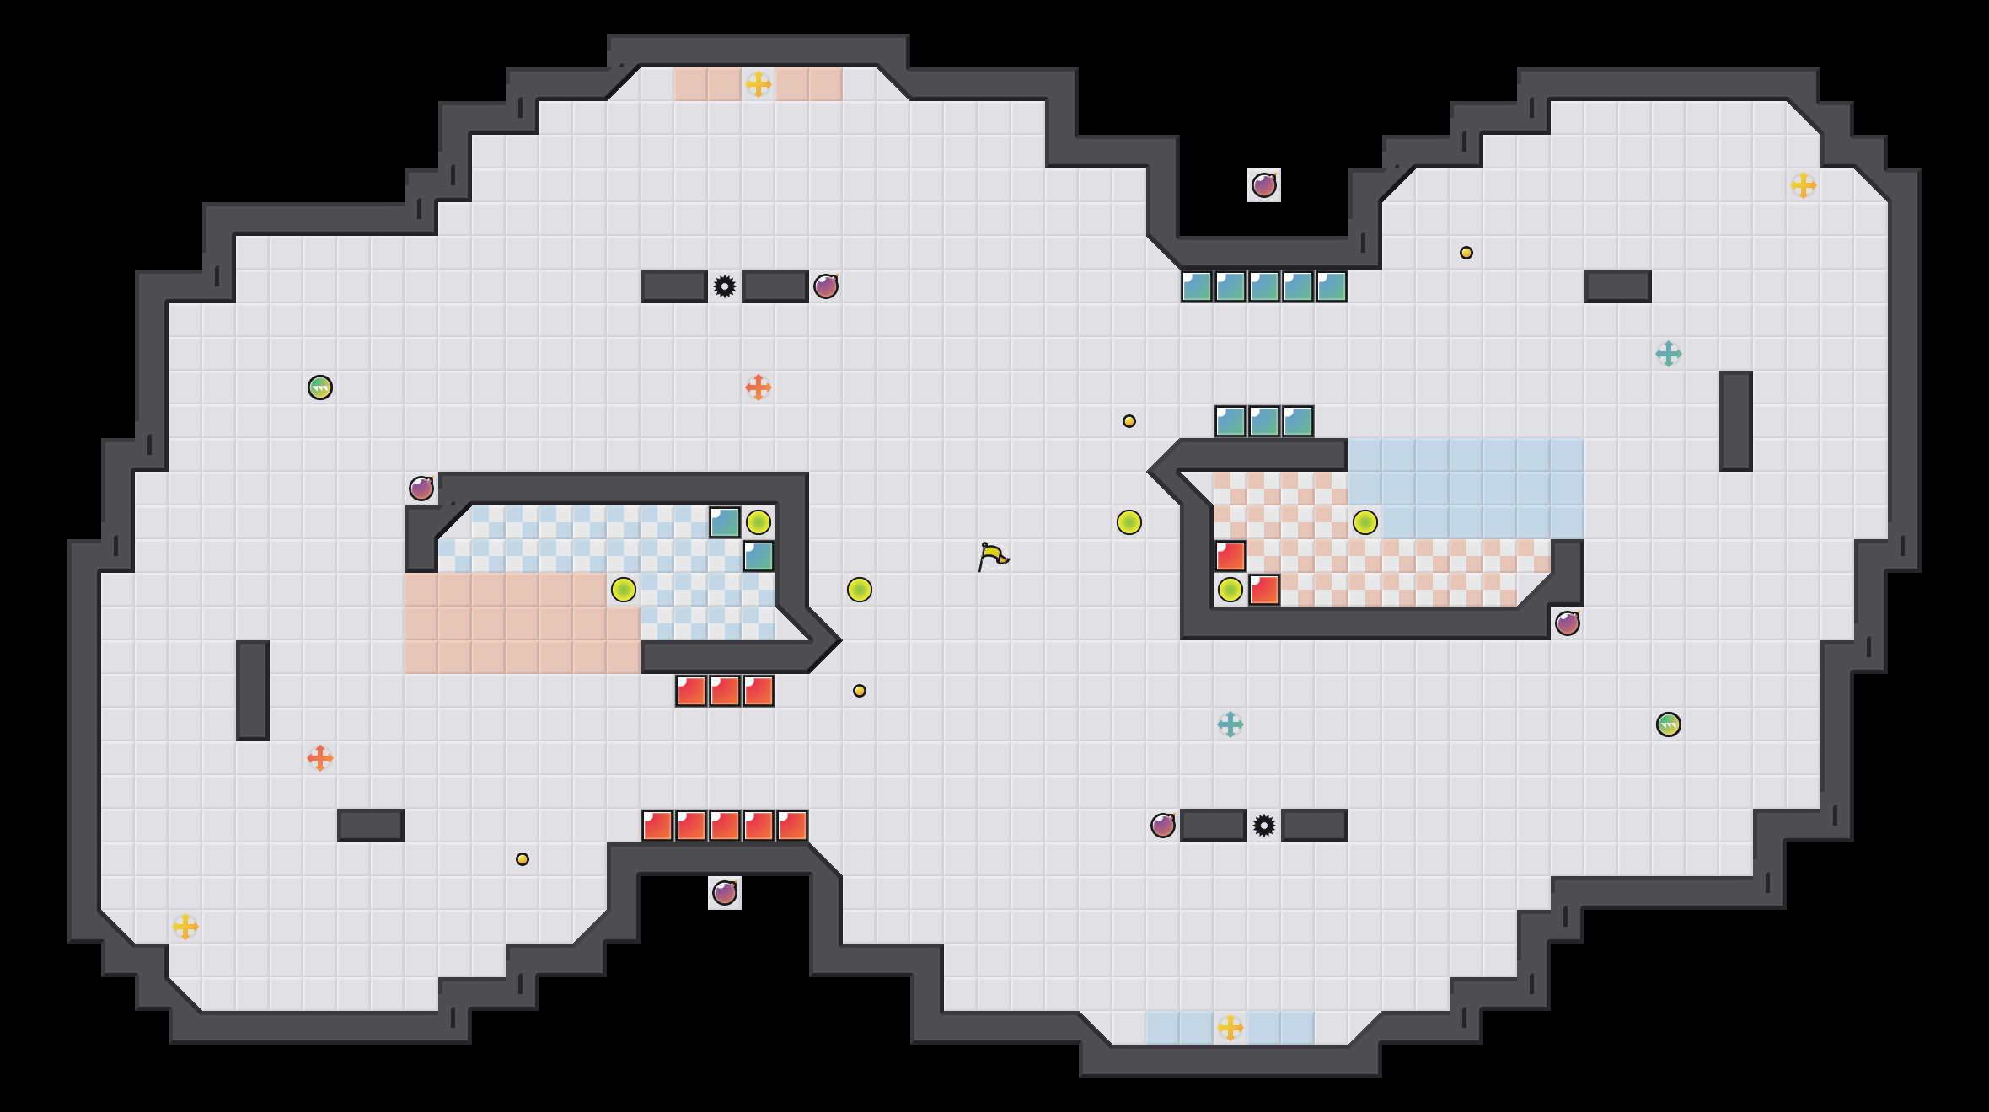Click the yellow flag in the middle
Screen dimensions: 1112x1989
click(993, 556)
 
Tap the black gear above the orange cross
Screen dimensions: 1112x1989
click(725, 286)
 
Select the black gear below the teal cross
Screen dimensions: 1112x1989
click(1264, 826)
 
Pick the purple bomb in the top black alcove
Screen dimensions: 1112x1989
click(1264, 185)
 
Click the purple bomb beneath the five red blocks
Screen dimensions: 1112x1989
click(725, 893)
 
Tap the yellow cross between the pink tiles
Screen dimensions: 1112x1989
click(759, 84)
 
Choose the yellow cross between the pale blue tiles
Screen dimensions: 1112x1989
click(1230, 1028)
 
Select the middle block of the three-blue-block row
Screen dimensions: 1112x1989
click(1264, 421)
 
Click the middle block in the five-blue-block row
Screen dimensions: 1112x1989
click(1264, 286)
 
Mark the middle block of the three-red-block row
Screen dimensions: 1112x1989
click(725, 691)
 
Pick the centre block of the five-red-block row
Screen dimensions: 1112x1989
click(725, 826)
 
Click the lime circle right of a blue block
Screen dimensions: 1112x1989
click(759, 522)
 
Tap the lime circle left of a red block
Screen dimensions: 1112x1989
click(1230, 590)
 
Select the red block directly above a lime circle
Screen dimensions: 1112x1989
click(1230, 556)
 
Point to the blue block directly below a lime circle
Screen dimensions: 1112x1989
click(759, 556)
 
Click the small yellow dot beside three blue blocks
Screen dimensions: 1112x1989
click(1129, 421)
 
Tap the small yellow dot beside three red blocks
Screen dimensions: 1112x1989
click(860, 691)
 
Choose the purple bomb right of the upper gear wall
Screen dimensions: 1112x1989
click(826, 286)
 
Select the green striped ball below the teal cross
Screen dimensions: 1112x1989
click(1669, 724)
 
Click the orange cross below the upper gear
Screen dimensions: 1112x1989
click(759, 388)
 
